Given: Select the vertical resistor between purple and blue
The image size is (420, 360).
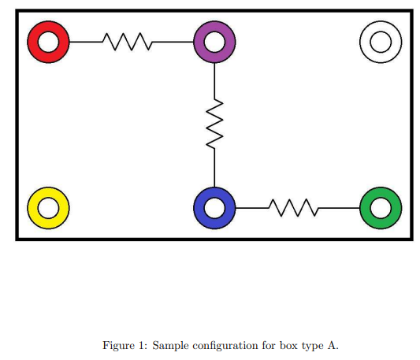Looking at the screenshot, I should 214,123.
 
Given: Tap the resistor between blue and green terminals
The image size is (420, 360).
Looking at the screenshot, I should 293,208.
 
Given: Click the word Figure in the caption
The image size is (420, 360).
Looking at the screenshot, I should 117,345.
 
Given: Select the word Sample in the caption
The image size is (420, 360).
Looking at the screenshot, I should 168,345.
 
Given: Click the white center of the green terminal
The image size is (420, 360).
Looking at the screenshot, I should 381,208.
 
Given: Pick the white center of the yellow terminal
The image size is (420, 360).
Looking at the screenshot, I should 48,208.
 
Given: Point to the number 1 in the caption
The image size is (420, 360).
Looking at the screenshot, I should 139,345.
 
